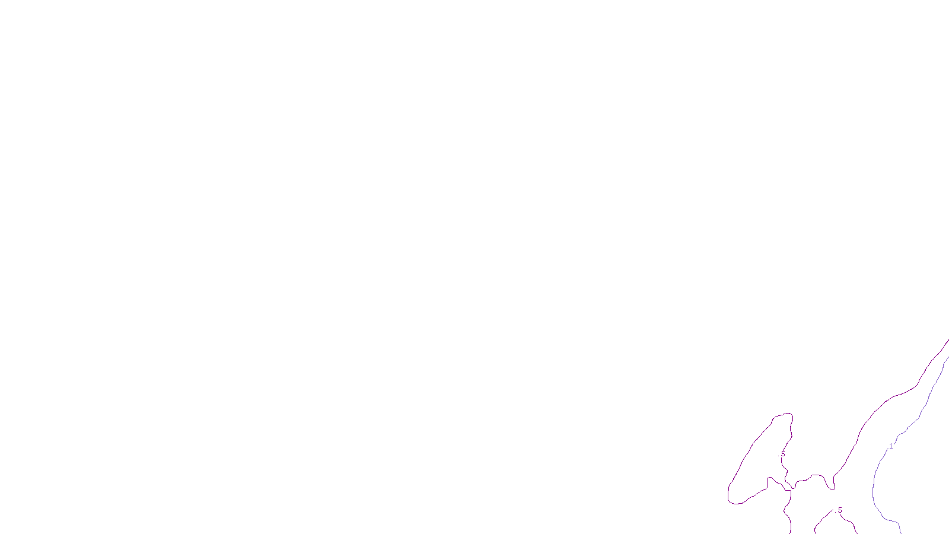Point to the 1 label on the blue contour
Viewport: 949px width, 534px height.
click(x=890, y=446)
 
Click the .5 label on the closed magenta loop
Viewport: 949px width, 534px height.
click(x=782, y=454)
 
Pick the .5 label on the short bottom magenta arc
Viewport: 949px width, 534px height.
click(x=839, y=510)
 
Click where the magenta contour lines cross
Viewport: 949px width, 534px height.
click(x=791, y=488)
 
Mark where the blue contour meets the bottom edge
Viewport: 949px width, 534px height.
click(x=901, y=532)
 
